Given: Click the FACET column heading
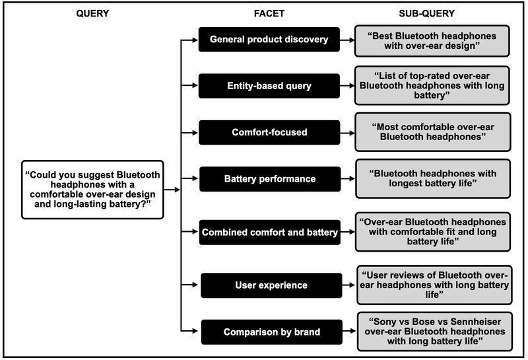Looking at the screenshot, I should [x=269, y=13].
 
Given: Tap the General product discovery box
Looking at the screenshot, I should [x=269, y=40].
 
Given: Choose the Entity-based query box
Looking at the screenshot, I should [x=269, y=85].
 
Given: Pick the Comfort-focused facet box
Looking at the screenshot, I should [x=269, y=132].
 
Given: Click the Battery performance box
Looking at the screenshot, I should [x=269, y=178].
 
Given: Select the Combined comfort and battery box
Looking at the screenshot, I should [x=270, y=232].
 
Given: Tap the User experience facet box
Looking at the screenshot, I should [x=271, y=285].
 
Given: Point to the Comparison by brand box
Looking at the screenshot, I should [x=271, y=332].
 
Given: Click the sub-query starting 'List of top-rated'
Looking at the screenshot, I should [x=432, y=85].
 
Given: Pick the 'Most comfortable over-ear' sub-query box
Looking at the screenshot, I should [x=432, y=131].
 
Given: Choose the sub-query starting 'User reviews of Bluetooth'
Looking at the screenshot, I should [x=434, y=285].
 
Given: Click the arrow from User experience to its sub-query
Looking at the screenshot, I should [x=348, y=285].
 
